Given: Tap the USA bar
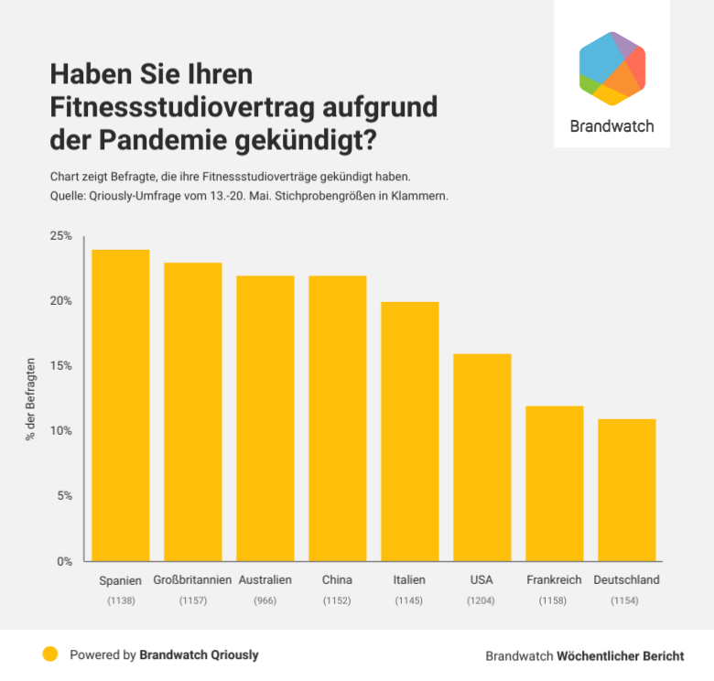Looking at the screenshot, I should (x=482, y=458).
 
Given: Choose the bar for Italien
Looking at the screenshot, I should (x=410, y=431).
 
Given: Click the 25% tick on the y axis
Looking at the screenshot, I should (x=60, y=236).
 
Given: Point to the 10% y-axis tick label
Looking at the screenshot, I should (x=60, y=431).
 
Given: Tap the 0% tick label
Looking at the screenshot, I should (x=64, y=561).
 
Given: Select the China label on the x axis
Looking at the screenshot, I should (x=337, y=580).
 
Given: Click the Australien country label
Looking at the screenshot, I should (x=265, y=580).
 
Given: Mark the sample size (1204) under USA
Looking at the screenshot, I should (x=482, y=600).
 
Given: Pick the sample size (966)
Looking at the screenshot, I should (x=265, y=600).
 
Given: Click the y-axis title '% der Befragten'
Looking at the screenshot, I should (x=30, y=399).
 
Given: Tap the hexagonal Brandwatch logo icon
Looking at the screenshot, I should (x=612, y=69).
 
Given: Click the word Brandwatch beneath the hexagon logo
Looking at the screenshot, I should (x=612, y=126).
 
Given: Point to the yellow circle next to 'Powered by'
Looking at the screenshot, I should (x=50, y=654).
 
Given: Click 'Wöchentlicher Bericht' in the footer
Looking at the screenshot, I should (x=621, y=656).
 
